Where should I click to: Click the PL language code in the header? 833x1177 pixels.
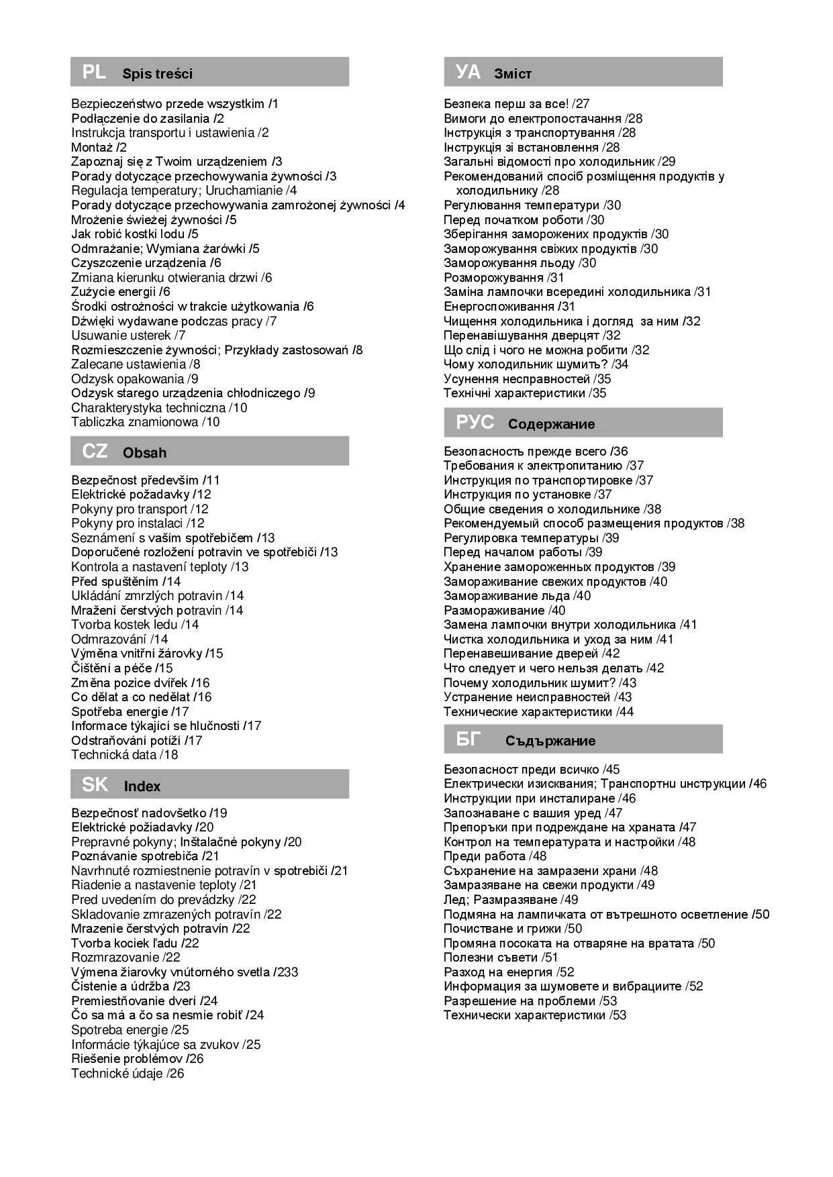tap(94, 72)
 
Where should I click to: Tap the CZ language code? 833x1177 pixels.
tap(95, 451)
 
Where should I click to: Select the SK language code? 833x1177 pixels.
tap(95, 784)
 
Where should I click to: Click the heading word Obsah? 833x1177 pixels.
tap(144, 453)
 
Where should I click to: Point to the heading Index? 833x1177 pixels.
tap(142, 786)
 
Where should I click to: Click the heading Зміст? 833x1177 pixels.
tap(513, 74)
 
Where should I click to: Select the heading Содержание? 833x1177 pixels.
tap(551, 424)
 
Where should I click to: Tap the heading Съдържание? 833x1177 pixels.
tap(550, 741)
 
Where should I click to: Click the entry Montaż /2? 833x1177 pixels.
tap(99, 147)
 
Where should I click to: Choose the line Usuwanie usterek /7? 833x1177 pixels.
tap(128, 335)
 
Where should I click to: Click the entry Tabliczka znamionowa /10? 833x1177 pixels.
tap(145, 422)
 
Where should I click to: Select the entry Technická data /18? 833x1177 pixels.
tap(124, 754)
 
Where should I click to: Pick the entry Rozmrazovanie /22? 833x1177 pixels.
tap(126, 957)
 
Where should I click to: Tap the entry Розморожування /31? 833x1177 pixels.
tap(503, 277)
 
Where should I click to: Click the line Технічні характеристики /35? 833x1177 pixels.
tap(524, 393)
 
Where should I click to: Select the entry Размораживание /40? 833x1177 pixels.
tap(504, 610)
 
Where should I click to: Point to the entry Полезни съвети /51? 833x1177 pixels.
tap(500, 957)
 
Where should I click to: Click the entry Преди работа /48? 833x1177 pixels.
tap(495, 856)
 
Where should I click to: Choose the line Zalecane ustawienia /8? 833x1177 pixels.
tap(136, 364)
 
